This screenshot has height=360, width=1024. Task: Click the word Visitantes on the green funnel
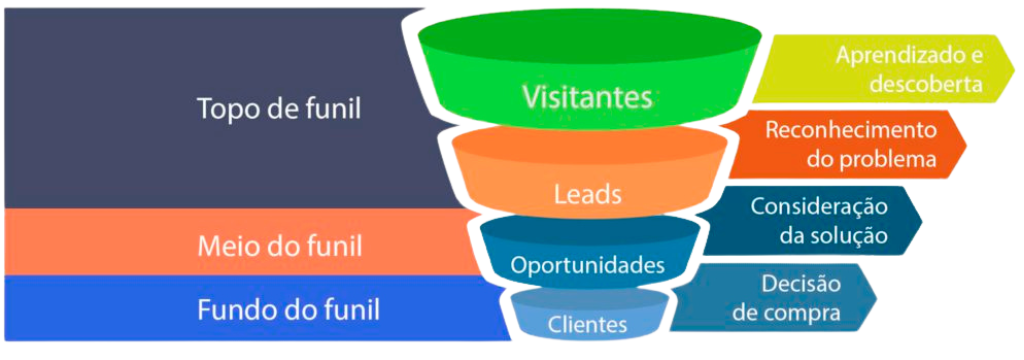click(587, 97)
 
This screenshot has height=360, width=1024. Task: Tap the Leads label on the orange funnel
click(587, 194)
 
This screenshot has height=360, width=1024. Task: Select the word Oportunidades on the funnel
click(587, 266)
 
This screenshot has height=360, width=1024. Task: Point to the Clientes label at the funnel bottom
click(587, 324)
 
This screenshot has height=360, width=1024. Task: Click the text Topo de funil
click(279, 107)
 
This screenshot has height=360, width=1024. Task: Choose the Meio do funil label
click(280, 244)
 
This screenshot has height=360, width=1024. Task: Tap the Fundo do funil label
click(288, 309)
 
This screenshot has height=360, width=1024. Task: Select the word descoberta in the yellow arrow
click(925, 84)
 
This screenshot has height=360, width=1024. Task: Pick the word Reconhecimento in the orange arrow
click(850, 130)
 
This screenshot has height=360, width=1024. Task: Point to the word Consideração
click(819, 206)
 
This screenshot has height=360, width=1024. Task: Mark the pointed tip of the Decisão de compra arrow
click(877, 297)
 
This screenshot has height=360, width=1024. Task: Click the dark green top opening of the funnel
click(587, 38)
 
